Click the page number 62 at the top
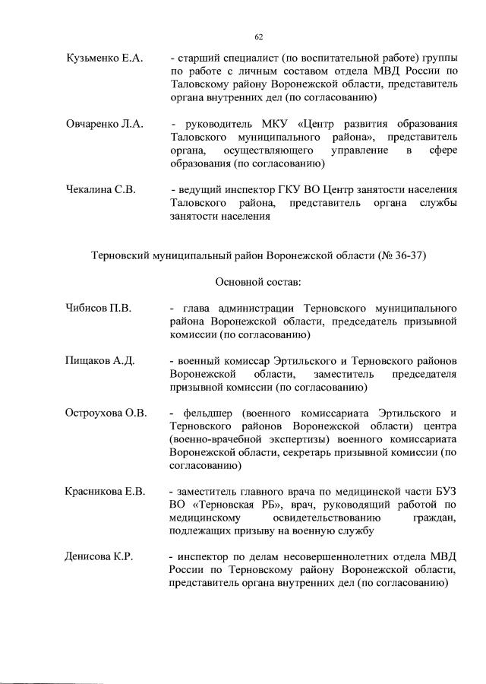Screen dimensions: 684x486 point(258,36)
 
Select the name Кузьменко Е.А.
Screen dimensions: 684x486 point(104,59)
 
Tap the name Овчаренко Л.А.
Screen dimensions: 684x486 point(105,124)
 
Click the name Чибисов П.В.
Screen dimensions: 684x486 point(99,308)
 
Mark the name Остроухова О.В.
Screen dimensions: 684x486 point(106,413)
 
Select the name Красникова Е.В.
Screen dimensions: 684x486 point(106,491)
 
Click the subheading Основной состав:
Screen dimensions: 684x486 point(258,282)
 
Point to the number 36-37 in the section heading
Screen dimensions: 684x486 point(410,256)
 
